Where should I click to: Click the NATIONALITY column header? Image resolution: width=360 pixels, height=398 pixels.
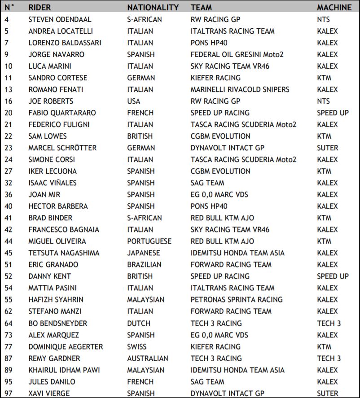point(153,8)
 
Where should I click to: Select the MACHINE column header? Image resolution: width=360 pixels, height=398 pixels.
point(334,8)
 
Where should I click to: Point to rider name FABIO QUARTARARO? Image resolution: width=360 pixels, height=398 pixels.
point(62,113)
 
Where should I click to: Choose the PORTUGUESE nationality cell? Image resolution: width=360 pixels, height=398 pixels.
point(149,241)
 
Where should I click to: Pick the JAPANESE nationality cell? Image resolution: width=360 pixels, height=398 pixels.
point(143,253)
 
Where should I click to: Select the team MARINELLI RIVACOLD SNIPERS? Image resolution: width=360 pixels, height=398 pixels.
point(240,89)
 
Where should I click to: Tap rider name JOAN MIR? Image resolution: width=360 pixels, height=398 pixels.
point(44,194)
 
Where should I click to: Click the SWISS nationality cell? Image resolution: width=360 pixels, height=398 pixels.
point(136,346)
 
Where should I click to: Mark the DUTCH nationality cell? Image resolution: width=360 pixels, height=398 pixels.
point(138,323)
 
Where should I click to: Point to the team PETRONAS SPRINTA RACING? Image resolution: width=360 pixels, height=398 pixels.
point(237,299)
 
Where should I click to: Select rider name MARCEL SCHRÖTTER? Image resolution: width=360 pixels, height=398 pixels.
point(62,148)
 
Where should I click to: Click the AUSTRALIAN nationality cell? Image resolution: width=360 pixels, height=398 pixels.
point(148,358)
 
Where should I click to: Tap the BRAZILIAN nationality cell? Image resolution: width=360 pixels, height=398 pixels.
point(144,264)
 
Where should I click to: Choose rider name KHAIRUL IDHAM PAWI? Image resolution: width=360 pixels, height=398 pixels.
point(64,370)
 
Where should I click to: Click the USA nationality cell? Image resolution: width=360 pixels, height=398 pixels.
point(134,101)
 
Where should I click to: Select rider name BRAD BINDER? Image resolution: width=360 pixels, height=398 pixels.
point(50,218)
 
